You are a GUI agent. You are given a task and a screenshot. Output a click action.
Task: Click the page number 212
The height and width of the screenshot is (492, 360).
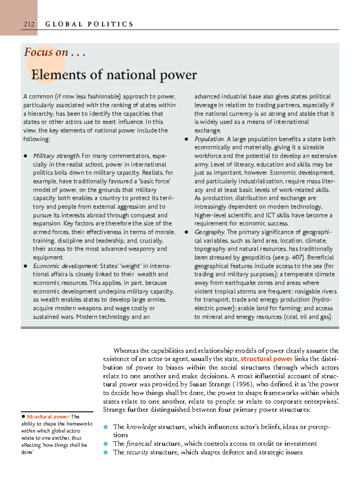tap(29, 24)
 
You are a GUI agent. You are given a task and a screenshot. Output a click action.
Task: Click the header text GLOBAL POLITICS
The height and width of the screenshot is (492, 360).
tap(89, 24)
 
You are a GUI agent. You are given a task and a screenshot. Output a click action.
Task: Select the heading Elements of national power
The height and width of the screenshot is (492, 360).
tap(114, 75)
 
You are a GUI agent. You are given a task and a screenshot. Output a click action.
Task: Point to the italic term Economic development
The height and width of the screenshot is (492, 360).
tap(66, 266)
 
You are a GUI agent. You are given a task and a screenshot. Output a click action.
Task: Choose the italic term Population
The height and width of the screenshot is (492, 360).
tap(209, 139)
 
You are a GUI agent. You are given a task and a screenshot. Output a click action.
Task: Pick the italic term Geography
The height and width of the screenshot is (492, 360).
tap(209, 232)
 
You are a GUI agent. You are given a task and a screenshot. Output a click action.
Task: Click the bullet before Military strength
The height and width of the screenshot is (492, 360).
tap(25, 156)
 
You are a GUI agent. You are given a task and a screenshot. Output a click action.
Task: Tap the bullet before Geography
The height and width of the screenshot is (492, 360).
tap(187, 232)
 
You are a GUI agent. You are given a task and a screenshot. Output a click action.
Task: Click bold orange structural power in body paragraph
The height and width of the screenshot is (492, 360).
tap(266, 359)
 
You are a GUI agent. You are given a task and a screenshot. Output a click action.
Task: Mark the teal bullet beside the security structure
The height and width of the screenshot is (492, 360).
tap(105, 452)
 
